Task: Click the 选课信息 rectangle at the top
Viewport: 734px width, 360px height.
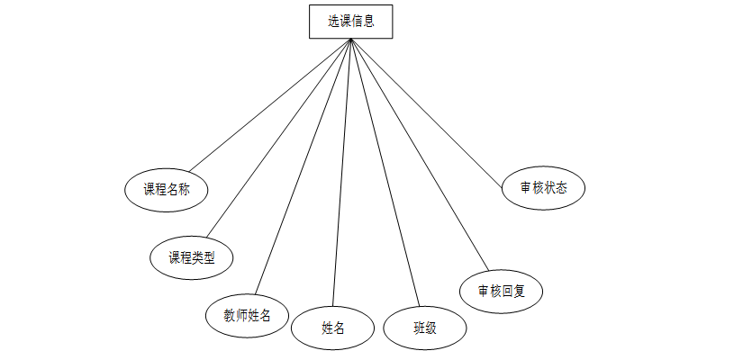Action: coord(350,22)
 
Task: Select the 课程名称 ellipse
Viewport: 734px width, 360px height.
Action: coord(167,189)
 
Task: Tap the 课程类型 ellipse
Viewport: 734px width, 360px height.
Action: coord(192,257)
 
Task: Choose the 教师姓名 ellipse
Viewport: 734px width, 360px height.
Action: coord(247,315)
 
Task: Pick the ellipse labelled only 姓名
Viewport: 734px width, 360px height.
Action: coord(332,328)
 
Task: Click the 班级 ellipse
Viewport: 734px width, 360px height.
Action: coord(425,328)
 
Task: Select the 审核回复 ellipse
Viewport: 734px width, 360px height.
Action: coord(502,291)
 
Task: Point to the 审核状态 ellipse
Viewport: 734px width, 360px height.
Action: coord(544,188)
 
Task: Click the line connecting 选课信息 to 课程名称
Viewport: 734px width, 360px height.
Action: coord(270,104)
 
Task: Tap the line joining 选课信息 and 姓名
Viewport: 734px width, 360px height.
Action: coord(341,171)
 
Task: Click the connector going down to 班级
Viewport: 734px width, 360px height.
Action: coord(385,171)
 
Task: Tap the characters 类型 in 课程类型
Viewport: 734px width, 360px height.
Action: coord(204,257)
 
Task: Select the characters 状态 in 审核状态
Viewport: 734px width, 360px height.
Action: coord(556,188)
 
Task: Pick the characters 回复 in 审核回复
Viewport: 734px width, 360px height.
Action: coord(513,291)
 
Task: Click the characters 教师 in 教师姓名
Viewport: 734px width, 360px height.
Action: coord(235,315)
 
